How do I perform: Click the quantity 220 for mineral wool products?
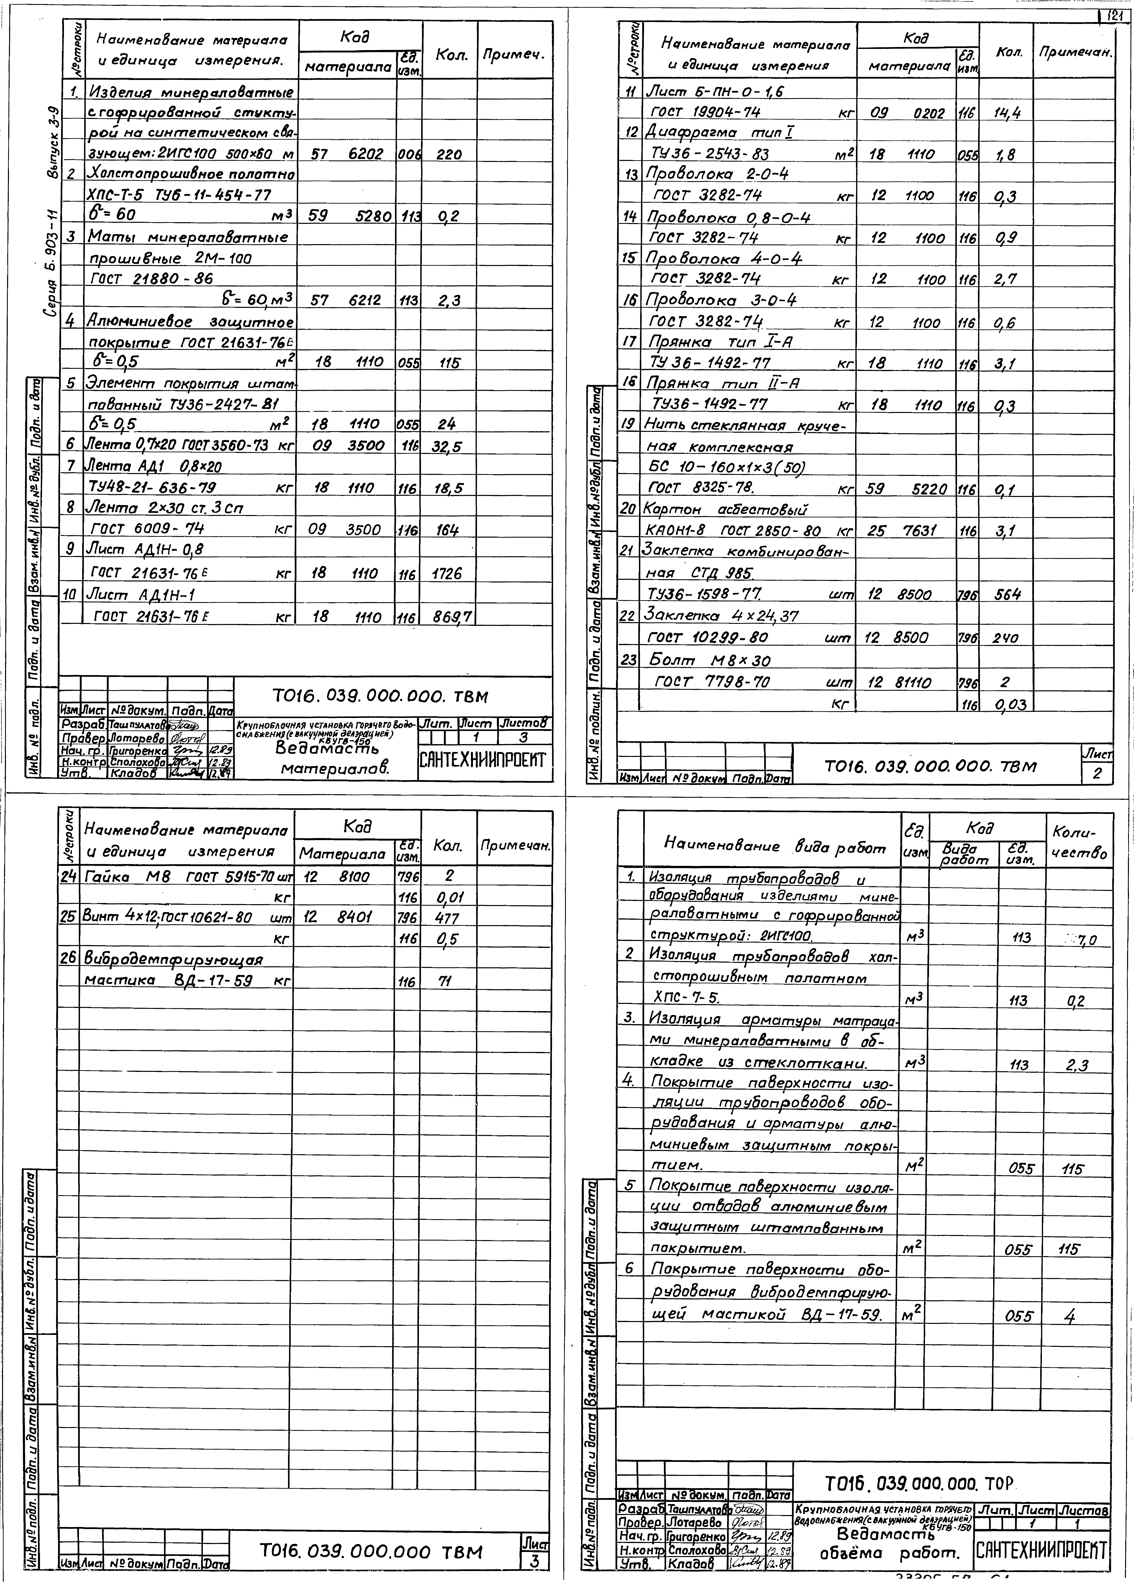click(x=449, y=155)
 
